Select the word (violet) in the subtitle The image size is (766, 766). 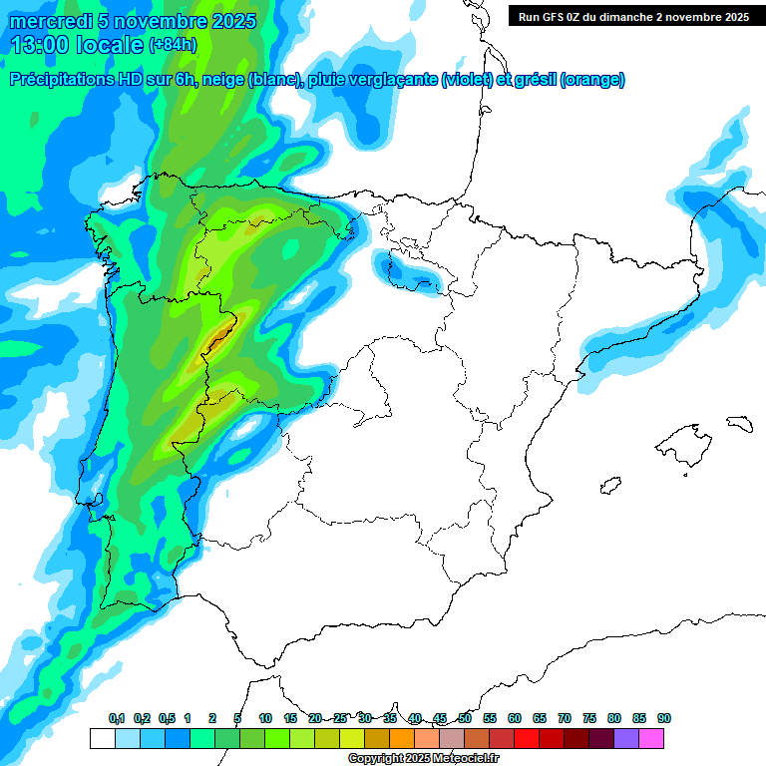click(x=467, y=80)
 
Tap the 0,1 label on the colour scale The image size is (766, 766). click(x=117, y=718)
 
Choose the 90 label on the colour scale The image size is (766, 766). click(x=664, y=718)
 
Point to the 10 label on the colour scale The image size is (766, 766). click(x=265, y=718)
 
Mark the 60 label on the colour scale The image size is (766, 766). click(x=515, y=718)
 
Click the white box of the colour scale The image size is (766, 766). click(x=102, y=738)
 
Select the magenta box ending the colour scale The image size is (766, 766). click(x=651, y=738)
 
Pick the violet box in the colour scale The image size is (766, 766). click(x=626, y=738)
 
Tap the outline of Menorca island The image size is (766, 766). click(x=738, y=423)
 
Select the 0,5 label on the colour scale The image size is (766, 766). click(x=167, y=718)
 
